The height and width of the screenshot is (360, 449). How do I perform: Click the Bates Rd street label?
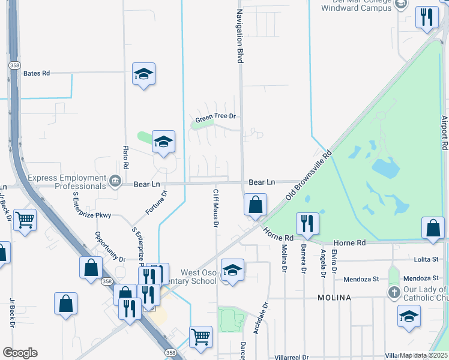36,73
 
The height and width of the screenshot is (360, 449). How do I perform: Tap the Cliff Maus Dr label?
215,208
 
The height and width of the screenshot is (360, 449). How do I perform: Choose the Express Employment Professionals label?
66,182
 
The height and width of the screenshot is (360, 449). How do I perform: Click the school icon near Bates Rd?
143,74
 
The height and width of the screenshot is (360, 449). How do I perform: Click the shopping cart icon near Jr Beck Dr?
25,220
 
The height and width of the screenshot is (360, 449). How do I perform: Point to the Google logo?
20,353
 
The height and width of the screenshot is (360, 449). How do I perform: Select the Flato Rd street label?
126,157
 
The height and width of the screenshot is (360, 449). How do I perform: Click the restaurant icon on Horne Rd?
307,223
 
